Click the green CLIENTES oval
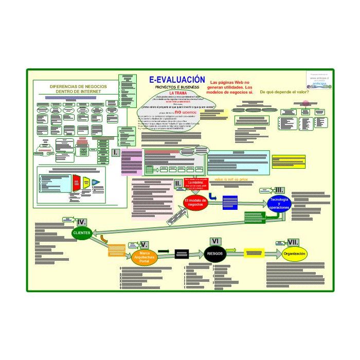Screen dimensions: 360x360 pyautogui.click(x=82, y=233)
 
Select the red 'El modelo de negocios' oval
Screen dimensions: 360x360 pyautogui.click(x=195, y=202)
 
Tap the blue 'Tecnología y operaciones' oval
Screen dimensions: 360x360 pyautogui.click(x=279, y=204)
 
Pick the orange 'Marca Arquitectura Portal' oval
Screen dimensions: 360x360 pyautogui.click(x=145, y=257)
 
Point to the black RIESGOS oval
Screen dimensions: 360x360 pyautogui.click(x=215, y=254)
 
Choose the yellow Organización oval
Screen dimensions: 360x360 pyautogui.click(x=295, y=254)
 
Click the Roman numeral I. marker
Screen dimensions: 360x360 pyautogui.click(x=116, y=153)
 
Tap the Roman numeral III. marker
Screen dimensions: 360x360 pyautogui.click(x=279, y=190)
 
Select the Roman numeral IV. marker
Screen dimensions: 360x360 pyautogui.click(x=82, y=222)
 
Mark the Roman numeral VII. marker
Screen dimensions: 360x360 pyautogui.click(x=293, y=242)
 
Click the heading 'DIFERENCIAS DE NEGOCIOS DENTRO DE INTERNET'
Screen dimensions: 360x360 pyautogui.click(x=78, y=89)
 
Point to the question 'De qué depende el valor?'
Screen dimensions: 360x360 pyautogui.click(x=284, y=92)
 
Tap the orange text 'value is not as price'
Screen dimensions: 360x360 pyautogui.click(x=231, y=179)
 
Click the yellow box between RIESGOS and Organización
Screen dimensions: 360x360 pyautogui.click(x=254, y=254)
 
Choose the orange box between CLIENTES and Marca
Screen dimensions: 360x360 pyautogui.click(x=117, y=251)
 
